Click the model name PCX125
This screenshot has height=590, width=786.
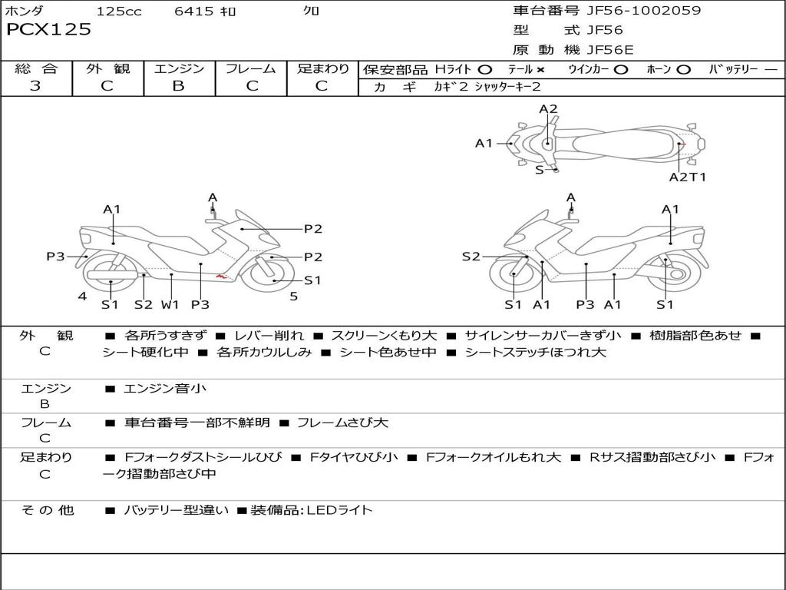click(x=48, y=30)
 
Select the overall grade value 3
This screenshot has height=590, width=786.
click(x=35, y=86)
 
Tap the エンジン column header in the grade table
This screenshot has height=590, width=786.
click(x=179, y=68)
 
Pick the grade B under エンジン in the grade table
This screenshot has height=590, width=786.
click(x=178, y=86)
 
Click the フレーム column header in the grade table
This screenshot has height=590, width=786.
click(x=251, y=68)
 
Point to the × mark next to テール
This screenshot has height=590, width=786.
click(x=540, y=69)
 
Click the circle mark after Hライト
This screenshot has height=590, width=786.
click(x=484, y=69)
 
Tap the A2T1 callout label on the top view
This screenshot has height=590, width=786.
click(x=687, y=177)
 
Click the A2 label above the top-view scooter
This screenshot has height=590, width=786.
click(x=548, y=110)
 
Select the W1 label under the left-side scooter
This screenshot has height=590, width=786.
click(x=170, y=304)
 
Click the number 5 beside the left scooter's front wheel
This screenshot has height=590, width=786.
click(x=293, y=296)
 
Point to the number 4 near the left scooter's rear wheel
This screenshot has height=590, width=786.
click(x=82, y=296)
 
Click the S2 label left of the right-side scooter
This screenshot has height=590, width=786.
click(x=471, y=257)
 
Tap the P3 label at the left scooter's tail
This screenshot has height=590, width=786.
click(x=55, y=257)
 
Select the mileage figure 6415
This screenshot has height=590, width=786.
click(x=193, y=11)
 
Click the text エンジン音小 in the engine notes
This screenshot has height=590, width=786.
click(x=164, y=389)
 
